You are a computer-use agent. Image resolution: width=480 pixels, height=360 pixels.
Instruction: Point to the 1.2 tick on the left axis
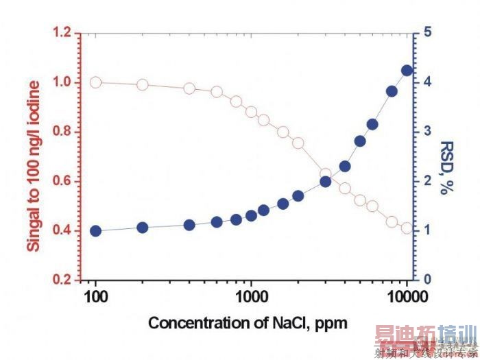tap(62, 33)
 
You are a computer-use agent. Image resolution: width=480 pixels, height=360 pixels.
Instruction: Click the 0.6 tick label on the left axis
tap(62, 181)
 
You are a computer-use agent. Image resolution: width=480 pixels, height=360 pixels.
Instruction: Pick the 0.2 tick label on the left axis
tap(62, 280)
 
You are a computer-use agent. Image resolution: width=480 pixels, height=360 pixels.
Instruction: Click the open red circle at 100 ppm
tap(96, 82)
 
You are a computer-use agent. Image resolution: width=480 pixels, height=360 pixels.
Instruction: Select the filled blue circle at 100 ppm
tap(96, 231)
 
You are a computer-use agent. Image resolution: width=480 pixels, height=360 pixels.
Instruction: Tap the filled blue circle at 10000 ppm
tap(407, 71)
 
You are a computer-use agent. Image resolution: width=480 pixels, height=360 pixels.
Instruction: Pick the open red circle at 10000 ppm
tap(407, 228)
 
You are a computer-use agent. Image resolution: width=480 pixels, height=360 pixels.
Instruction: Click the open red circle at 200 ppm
tap(143, 84)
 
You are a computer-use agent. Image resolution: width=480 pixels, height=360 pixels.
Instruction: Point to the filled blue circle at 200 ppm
tap(143, 228)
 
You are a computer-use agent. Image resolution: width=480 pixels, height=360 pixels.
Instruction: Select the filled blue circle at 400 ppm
tap(190, 225)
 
